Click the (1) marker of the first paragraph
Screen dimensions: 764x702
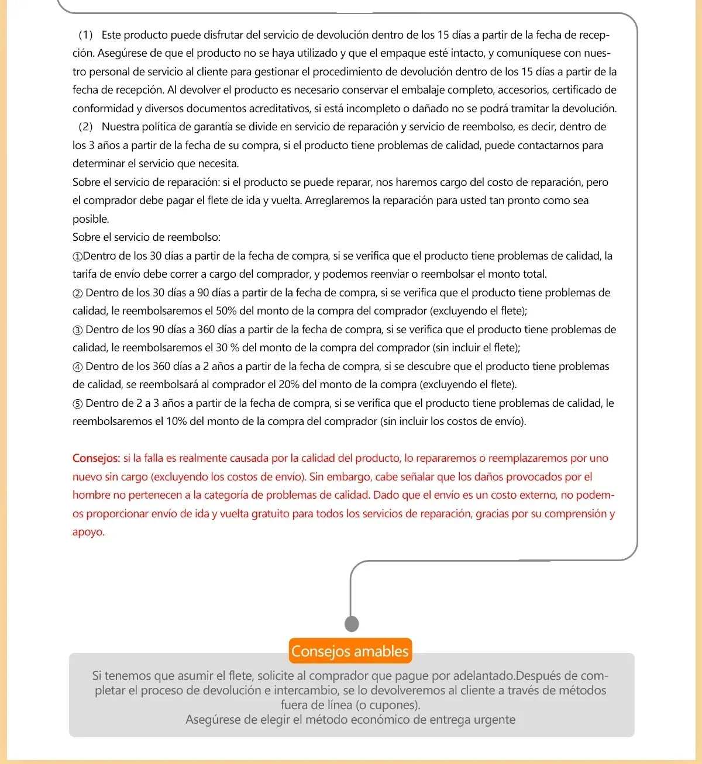85,35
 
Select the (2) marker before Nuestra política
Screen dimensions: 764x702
85,127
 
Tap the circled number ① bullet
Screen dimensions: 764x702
77,256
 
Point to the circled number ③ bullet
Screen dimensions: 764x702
77,330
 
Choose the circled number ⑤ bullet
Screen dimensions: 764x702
77,403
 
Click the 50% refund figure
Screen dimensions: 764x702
226,311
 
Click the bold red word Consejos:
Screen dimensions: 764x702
96,458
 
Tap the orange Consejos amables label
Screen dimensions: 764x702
350,651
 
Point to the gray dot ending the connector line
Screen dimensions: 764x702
352,624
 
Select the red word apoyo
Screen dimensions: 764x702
88,532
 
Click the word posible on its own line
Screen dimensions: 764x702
91,219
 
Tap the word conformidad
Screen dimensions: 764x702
103,109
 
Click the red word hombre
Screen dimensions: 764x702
91,495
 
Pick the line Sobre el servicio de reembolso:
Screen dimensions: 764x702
146,237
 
